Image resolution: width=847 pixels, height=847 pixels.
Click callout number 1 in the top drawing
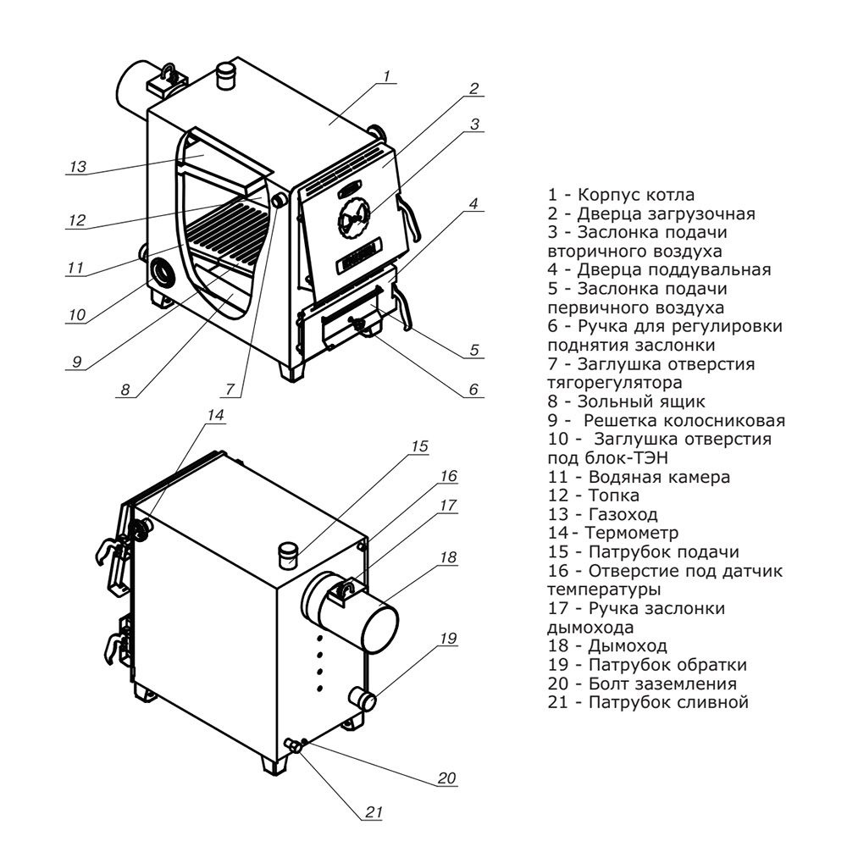[x=385, y=76]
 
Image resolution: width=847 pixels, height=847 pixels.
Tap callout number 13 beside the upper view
[x=78, y=167]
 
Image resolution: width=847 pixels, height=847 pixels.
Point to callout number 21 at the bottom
[x=374, y=811]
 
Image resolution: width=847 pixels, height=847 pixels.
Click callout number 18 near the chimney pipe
[x=448, y=557]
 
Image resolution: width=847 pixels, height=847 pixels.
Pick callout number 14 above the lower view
[x=217, y=415]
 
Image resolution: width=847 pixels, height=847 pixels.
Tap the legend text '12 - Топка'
[x=594, y=495]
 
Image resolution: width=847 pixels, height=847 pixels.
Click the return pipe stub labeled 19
[x=364, y=700]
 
